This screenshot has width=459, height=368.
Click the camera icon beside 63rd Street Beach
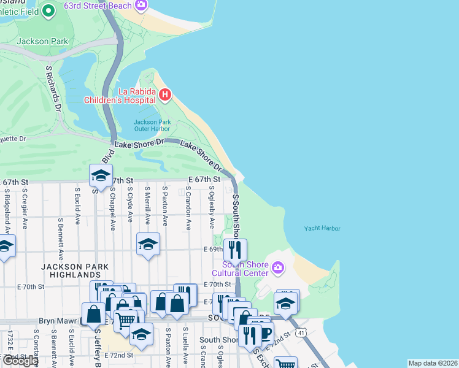pyautogui.click(x=142, y=6)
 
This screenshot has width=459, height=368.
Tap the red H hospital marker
pyautogui.click(x=165, y=94)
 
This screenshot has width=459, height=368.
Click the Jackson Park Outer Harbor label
pyautogui.click(x=152, y=125)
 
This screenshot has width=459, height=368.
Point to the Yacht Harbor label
pyautogui.click(x=322, y=229)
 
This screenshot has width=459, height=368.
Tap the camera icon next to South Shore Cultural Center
pyautogui.click(x=277, y=267)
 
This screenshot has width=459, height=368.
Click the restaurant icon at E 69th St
pyautogui.click(x=235, y=249)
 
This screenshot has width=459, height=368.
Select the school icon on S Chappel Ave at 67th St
pyautogui.click(x=101, y=176)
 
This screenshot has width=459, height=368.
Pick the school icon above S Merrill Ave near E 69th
pyautogui.click(x=148, y=243)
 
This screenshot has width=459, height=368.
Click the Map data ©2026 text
pyautogui.click(x=433, y=363)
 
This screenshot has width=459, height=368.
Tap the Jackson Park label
pyautogui.click(x=38, y=41)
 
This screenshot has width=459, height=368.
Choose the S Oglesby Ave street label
pyautogui.click(x=211, y=207)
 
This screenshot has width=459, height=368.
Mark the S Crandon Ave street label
pyautogui.click(x=188, y=209)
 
